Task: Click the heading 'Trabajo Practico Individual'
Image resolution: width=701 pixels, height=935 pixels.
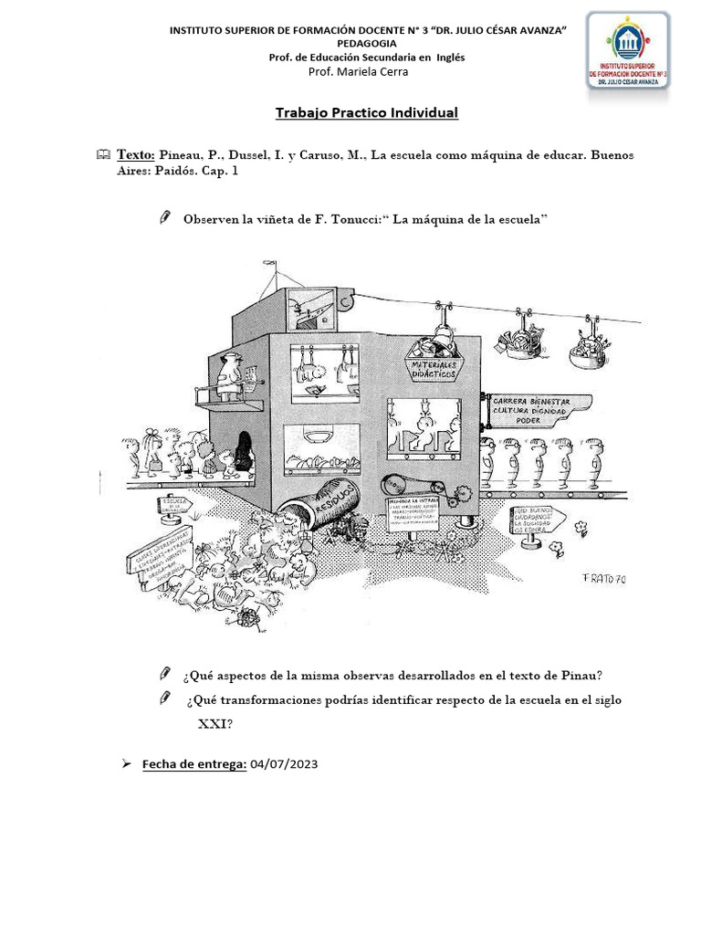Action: [x=367, y=113]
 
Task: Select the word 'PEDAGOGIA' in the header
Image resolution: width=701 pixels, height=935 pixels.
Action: [x=366, y=44]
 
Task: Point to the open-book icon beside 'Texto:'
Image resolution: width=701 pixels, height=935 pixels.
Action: [x=102, y=155]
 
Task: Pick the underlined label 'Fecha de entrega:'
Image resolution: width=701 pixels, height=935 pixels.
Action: [x=194, y=764]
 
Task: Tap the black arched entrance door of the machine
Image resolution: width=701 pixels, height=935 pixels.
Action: [x=244, y=451]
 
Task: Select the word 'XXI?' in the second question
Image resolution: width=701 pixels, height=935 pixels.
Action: [x=215, y=723]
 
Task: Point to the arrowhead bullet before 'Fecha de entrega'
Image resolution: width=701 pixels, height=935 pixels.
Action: [x=127, y=764]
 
